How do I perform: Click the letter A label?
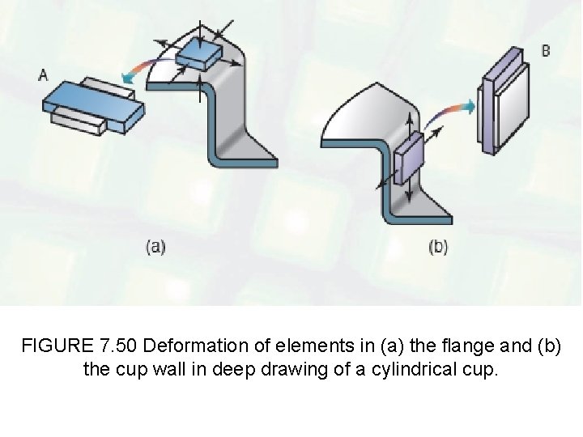pos(43,74)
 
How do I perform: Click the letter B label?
pos(546,51)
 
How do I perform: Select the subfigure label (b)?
pos(438,248)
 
